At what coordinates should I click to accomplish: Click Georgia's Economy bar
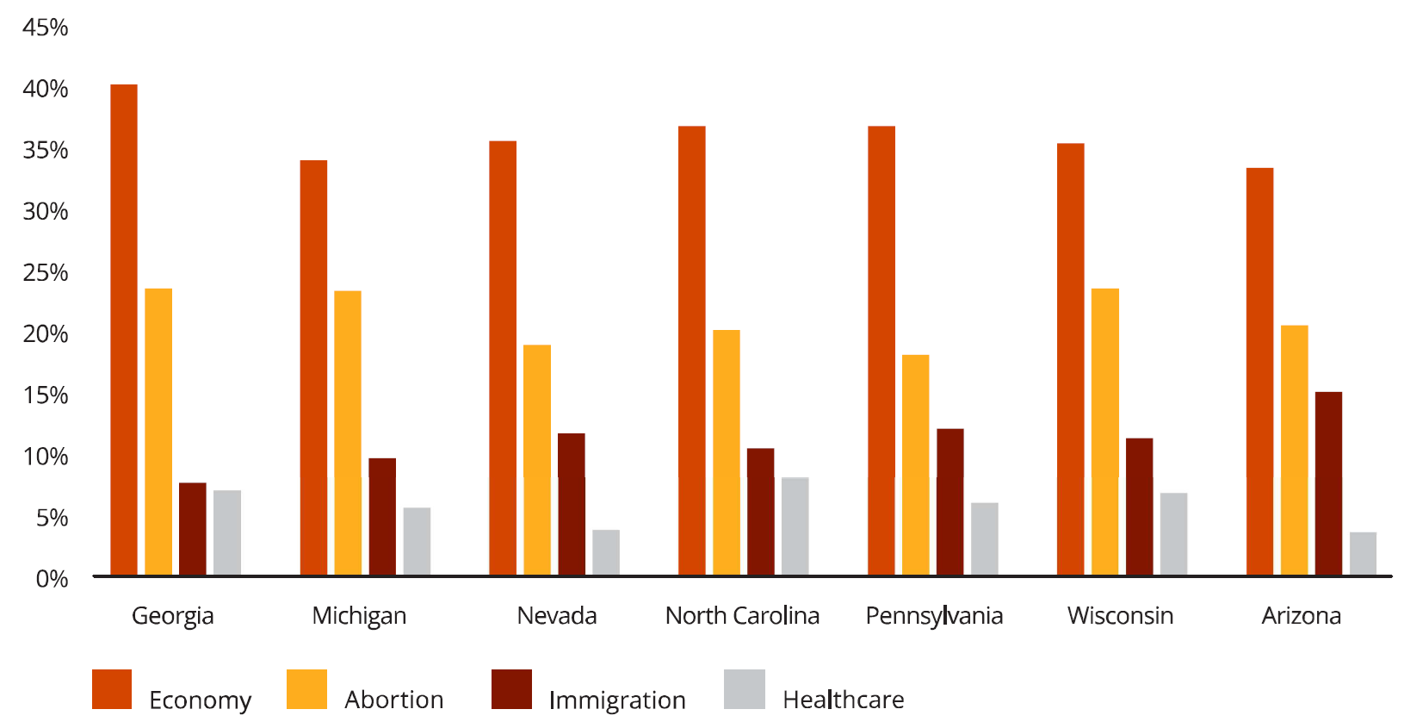tap(124, 329)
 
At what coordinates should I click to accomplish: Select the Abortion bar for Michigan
tap(348, 432)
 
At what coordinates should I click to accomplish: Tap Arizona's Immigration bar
tap(1328, 483)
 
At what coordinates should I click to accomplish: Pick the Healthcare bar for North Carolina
tap(795, 526)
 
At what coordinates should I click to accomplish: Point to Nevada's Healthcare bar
tap(606, 552)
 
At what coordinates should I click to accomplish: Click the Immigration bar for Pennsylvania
tap(949, 501)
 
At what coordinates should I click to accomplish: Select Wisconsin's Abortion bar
tap(1104, 432)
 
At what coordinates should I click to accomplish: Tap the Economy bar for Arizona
tap(1259, 371)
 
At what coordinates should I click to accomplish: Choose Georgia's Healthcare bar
tap(227, 532)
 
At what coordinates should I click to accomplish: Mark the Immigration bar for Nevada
tap(572, 504)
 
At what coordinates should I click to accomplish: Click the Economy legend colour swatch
tap(112, 689)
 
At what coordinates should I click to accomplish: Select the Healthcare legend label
tap(843, 700)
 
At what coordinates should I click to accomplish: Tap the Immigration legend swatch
tap(511, 689)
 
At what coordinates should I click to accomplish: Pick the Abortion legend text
tap(393, 700)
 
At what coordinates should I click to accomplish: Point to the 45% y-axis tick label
tap(45, 28)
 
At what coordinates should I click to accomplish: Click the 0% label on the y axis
tap(52, 579)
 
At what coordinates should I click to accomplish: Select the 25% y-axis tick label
tap(45, 272)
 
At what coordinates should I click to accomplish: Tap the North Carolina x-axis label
tap(742, 616)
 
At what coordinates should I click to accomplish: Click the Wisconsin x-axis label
tap(1120, 616)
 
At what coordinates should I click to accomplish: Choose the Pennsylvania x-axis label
tap(934, 616)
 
